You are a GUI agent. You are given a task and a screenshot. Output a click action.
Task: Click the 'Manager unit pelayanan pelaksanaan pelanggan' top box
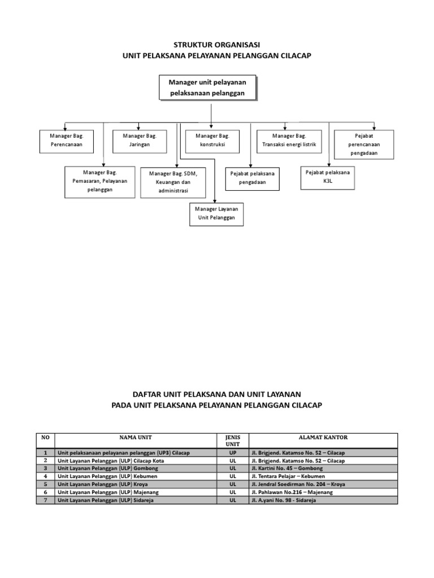point(207,88)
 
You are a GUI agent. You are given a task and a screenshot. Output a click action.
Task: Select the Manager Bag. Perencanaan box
point(66,141)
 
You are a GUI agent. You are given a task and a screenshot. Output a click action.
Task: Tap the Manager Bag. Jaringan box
point(139,141)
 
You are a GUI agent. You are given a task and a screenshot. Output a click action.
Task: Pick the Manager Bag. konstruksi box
point(211,141)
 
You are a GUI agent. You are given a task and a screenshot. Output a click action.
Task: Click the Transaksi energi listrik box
point(289,141)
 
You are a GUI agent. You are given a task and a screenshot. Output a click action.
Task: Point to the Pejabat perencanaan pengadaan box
point(363,144)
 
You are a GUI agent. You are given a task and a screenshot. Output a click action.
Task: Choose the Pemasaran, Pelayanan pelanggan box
point(100,181)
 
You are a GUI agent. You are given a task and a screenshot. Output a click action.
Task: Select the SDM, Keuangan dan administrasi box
point(173,182)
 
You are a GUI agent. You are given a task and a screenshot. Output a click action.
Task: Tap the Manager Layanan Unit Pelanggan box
point(216,213)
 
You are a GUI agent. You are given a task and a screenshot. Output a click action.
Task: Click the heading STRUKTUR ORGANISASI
point(217,45)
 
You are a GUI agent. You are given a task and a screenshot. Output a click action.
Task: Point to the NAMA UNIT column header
point(136,437)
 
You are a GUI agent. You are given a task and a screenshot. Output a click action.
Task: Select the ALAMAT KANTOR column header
point(323,437)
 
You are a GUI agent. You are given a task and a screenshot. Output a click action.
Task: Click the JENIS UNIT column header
point(233,440)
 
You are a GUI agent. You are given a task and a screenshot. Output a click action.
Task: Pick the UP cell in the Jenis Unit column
point(233,453)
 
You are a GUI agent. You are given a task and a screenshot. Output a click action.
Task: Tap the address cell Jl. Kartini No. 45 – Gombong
point(323,468)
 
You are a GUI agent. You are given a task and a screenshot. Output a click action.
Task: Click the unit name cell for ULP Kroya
point(136,484)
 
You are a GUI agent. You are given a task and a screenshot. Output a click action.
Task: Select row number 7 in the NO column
point(45,500)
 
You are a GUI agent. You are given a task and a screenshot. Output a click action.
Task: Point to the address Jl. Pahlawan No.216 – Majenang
point(323,492)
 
